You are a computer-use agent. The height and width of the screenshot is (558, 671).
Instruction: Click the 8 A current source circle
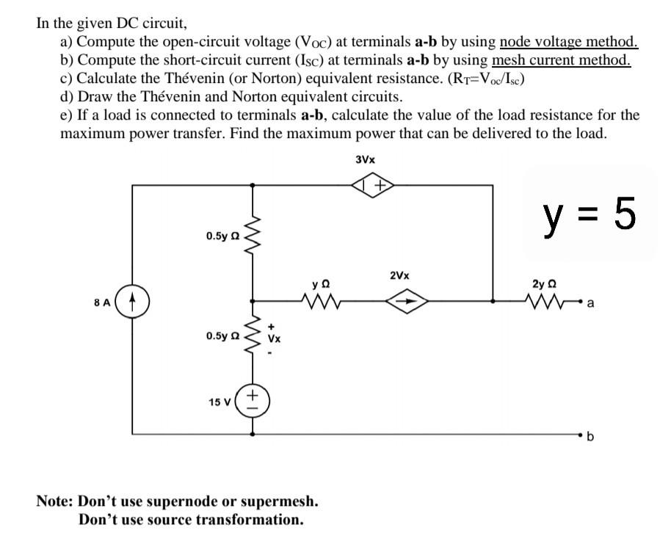pyautogui.click(x=133, y=301)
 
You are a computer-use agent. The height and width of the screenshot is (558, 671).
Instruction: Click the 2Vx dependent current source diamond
pyautogui.click(x=408, y=300)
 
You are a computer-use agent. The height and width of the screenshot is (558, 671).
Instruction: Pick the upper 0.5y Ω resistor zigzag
pyautogui.click(x=253, y=236)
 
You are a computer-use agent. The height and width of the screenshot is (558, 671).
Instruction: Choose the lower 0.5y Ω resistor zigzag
pyautogui.click(x=253, y=337)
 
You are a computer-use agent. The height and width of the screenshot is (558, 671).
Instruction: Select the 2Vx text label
pyautogui.click(x=400, y=276)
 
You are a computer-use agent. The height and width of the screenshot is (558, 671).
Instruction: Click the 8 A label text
pyautogui.click(x=102, y=301)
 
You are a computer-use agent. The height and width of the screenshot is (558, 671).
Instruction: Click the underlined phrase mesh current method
pyautogui.click(x=561, y=59)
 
